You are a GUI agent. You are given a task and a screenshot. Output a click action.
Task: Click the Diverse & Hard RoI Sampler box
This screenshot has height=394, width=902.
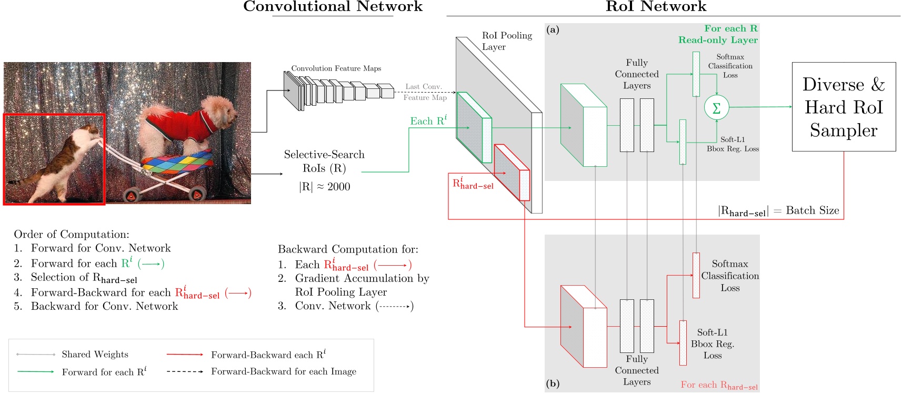coord(844,107)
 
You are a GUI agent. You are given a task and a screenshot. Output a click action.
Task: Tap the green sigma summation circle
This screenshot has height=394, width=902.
coord(716,107)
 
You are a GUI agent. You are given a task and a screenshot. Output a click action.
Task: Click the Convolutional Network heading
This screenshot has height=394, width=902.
coord(333,7)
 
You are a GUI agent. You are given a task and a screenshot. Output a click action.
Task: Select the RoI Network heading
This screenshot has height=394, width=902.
coord(656,7)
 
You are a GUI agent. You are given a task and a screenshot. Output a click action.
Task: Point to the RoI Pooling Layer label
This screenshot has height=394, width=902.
coord(506,41)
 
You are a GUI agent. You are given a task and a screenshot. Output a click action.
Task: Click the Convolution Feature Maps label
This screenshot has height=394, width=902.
coord(336,68)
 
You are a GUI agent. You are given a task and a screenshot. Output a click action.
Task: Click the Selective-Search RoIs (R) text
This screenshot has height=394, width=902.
coord(324,161)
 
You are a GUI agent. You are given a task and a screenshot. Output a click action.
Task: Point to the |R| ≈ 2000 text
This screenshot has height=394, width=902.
coord(324,187)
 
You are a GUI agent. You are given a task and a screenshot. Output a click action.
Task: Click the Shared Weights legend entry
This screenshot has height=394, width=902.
coord(95,355)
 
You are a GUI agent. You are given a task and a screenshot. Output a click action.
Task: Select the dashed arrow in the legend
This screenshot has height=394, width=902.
coord(185,371)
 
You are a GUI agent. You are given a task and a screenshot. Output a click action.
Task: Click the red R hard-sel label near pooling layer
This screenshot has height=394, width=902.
coord(473,184)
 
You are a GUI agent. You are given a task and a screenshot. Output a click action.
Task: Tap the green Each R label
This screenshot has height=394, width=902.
coord(428,121)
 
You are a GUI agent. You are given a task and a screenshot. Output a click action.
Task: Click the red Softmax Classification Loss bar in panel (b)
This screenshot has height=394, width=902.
coord(696,275)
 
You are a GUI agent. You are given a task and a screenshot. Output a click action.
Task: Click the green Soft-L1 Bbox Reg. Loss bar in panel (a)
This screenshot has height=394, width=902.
coord(683,142)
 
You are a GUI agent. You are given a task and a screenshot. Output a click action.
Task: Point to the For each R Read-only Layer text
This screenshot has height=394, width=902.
coord(719,34)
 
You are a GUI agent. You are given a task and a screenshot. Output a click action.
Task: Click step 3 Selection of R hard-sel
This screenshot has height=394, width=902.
coord(83,278)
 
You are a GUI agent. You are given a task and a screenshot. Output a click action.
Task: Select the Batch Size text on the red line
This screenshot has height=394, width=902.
coord(812,210)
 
